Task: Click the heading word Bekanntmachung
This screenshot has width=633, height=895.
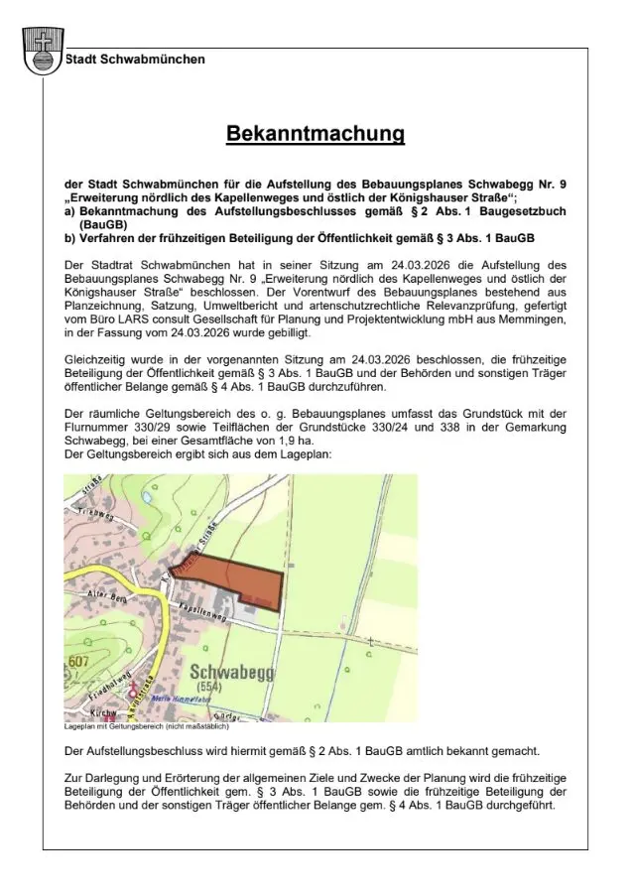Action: click(316, 134)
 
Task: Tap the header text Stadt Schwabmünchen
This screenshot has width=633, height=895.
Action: click(136, 60)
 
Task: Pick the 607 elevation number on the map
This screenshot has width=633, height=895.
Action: click(79, 661)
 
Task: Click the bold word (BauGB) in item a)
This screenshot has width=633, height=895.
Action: click(105, 225)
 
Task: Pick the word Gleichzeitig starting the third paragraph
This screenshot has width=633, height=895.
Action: click(101, 357)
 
